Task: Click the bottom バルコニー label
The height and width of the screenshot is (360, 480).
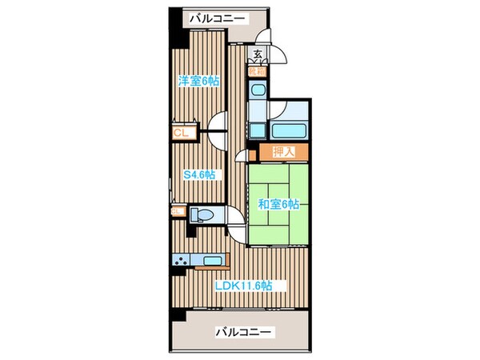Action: pos(244,331)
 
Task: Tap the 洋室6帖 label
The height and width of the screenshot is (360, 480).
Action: pos(198,81)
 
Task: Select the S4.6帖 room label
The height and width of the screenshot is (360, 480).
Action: pos(200,175)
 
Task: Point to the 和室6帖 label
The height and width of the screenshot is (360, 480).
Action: pos(278,204)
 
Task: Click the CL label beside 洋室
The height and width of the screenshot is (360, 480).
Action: pos(180,134)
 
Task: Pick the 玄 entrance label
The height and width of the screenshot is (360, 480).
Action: pos(258,54)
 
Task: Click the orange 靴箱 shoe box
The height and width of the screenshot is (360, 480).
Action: pos(258,70)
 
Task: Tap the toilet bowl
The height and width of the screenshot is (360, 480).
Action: pos(205,214)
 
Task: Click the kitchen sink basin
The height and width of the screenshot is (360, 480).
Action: pos(213,260)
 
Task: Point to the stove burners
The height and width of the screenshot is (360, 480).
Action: pos(182,259)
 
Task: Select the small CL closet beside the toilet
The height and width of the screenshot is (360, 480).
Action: pos(178,211)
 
